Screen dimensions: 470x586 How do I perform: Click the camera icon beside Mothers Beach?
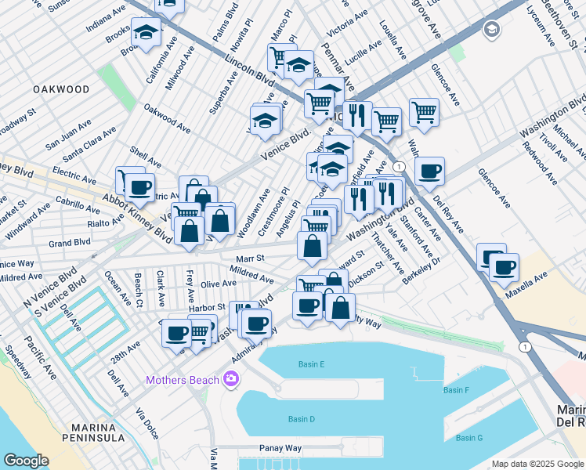click(231, 380)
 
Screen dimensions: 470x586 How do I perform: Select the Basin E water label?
click(311, 363)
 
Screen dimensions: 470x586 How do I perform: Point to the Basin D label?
click(301, 419)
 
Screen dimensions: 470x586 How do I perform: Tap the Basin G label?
click(469, 437)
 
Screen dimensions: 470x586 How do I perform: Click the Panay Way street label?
click(281, 449)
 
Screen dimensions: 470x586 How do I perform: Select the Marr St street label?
click(252, 258)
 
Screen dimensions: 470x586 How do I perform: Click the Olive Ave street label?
click(219, 284)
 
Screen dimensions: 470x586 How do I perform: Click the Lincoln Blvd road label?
click(249, 70)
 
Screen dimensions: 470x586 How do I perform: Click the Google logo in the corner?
click(26, 461)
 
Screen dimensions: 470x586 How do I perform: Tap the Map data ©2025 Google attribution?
click(537, 464)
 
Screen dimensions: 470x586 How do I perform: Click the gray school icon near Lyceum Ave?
click(492, 31)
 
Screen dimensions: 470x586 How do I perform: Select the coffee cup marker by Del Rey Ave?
click(429, 171)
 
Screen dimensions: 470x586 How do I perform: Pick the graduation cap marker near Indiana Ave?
click(146, 32)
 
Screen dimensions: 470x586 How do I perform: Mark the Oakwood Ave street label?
click(167, 119)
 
